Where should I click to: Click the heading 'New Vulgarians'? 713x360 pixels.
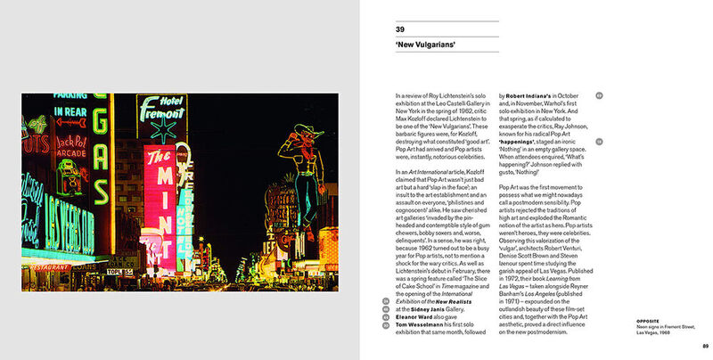pyautogui.click(x=426, y=44)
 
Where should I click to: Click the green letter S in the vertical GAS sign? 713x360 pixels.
pyautogui.click(x=101, y=204)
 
